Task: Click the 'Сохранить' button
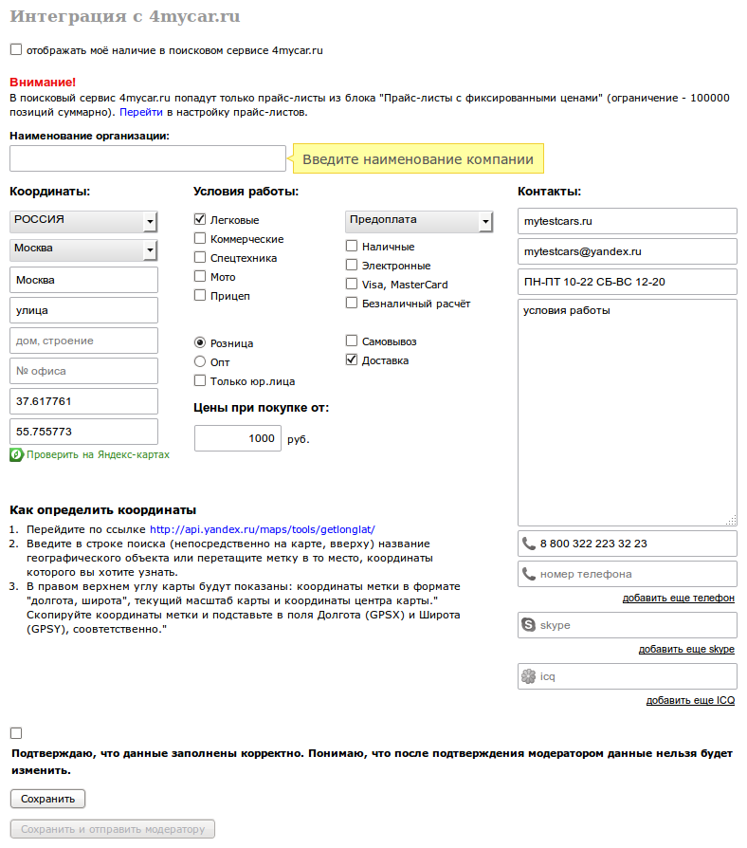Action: click(47, 799)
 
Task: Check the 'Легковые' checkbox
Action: click(200, 219)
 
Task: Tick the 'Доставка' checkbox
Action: click(352, 359)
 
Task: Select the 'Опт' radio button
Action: click(200, 361)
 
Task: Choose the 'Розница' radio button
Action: click(200, 342)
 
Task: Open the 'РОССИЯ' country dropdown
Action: click(83, 221)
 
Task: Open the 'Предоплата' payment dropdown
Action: click(419, 221)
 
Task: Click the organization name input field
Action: click(147, 158)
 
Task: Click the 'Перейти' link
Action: click(134, 112)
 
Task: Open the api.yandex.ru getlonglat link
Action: click(263, 529)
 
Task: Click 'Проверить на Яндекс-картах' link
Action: click(98, 454)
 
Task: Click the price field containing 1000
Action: click(237, 438)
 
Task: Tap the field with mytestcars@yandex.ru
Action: click(627, 251)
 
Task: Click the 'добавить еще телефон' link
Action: click(678, 598)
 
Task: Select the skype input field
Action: click(627, 625)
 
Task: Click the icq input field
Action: click(627, 676)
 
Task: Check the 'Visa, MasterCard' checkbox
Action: click(352, 284)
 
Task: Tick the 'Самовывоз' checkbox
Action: click(352, 341)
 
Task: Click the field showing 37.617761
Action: click(83, 401)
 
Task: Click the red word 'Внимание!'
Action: click(43, 83)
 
